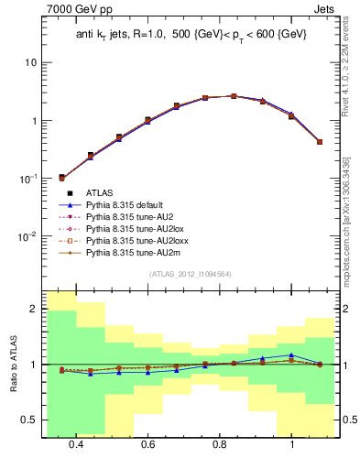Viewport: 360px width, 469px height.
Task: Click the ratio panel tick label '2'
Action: coord(33,310)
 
